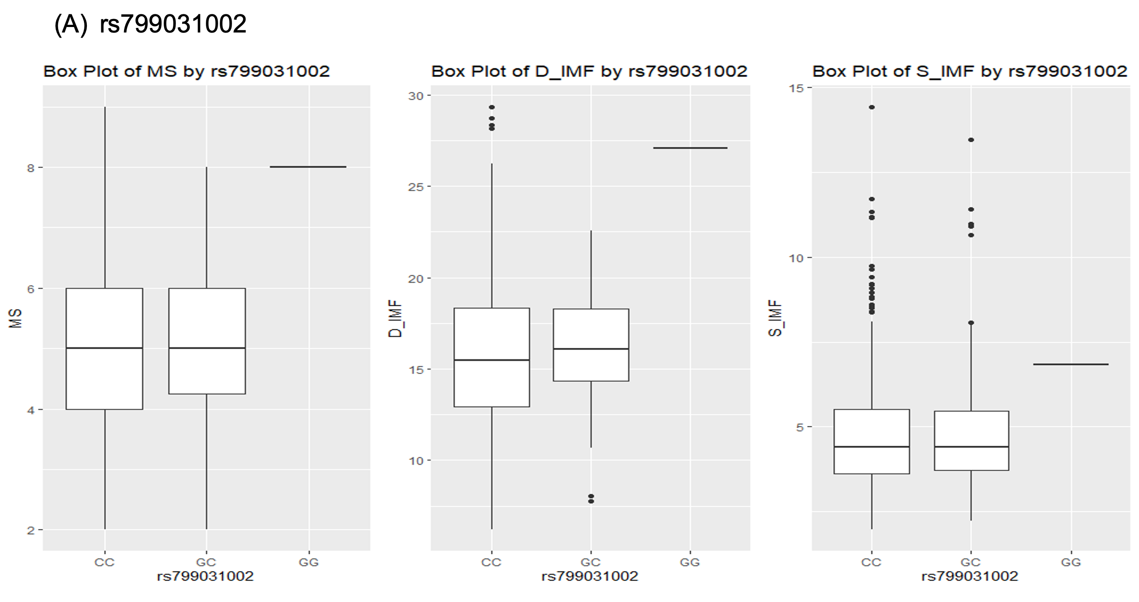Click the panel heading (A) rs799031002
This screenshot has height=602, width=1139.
150,24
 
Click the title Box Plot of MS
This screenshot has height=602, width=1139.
186,71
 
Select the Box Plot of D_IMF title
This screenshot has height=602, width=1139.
589,71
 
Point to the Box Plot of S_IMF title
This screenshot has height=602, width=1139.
970,71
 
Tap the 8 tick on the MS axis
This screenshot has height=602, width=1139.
30,168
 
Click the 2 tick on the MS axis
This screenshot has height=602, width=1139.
30,530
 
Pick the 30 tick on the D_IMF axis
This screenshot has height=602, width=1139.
416,96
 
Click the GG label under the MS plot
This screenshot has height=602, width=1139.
309,562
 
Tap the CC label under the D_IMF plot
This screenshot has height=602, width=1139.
491,562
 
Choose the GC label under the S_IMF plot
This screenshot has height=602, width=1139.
971,562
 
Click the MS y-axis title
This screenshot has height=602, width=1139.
16,318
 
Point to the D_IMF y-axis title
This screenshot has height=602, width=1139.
395,318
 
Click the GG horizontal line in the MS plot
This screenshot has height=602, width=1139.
308,167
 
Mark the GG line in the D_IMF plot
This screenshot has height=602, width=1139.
690,148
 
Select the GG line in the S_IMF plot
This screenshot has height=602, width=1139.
1071,364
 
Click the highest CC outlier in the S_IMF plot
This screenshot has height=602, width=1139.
872,107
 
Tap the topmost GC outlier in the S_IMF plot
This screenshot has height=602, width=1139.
971,140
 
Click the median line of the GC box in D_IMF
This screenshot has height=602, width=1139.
591,349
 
